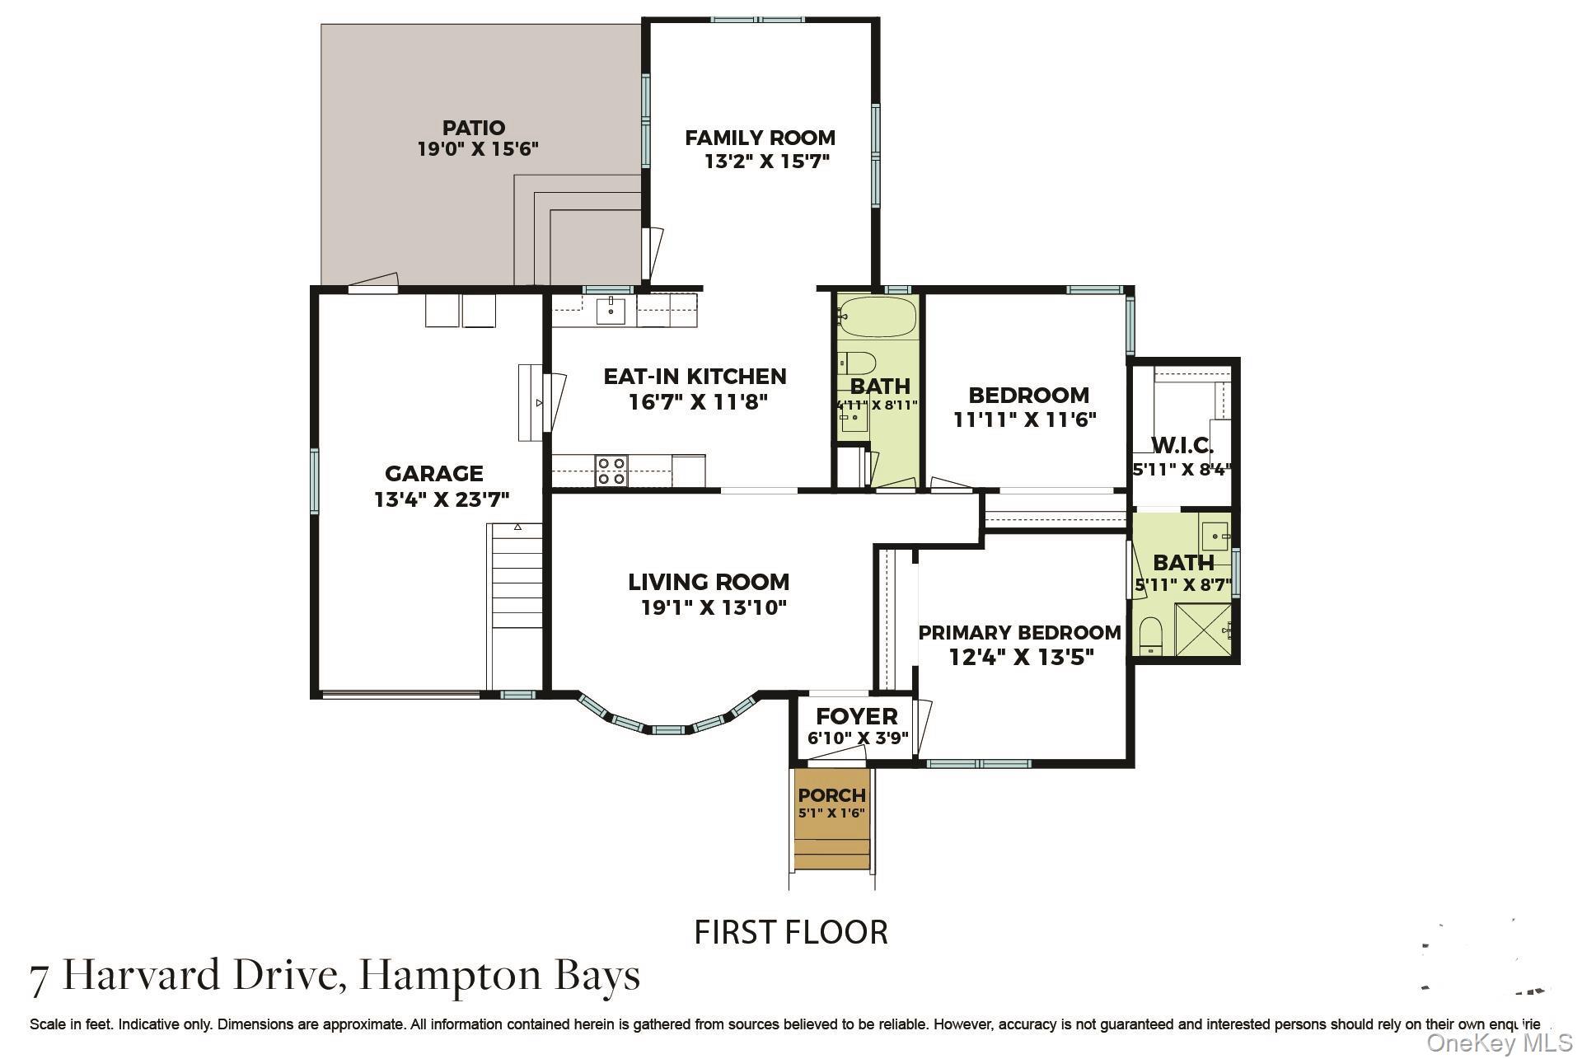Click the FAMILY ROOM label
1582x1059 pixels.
click(x=760, y=138)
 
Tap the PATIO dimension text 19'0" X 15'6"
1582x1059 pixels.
click(x=478, y=150)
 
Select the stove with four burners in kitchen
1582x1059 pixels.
click(x=611, y=471)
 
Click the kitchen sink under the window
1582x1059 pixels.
click(x=611, y=312)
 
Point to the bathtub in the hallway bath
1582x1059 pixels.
click(x=877, y=317)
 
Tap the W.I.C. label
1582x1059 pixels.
click(x=1182, y=446)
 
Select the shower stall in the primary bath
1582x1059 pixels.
click(x=1203, y=630)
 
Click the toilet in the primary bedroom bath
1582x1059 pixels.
click(x=1149, y=636)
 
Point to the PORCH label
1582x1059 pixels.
click(x=832, y=795)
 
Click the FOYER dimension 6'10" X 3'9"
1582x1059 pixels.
click(x=858, y=738)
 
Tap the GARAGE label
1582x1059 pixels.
click(x=434, y=474)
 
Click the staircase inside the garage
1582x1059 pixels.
click(x=517, y=606)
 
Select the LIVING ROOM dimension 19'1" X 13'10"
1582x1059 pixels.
click(x=714, y=608)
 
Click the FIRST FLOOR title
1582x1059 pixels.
click(x=791, y=932)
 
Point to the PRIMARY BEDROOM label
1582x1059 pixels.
click(x=1019, y=633)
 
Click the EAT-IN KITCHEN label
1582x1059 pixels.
click(x=695, y=377)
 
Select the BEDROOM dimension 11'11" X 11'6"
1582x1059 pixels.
click(x=1025, y=420)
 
